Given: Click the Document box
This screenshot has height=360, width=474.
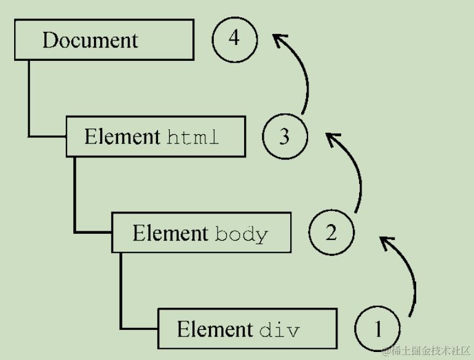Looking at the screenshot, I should (104, 39).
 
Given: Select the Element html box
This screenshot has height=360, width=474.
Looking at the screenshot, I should (156, 136).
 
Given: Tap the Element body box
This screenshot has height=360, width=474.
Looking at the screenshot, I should (201, 233).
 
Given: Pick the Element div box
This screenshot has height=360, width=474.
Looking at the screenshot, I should (247, 329).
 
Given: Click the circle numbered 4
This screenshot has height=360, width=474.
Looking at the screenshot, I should (234, 39).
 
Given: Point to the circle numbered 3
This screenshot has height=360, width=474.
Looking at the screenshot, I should (285, 136).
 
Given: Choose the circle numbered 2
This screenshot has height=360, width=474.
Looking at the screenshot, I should (331, 233).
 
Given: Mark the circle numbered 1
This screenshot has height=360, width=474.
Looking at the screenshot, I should (377, 329).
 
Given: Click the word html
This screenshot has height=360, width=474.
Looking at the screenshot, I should (192, 137).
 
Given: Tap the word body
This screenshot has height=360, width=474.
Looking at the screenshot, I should (242, 234).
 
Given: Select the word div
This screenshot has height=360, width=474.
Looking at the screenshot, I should (279, 330).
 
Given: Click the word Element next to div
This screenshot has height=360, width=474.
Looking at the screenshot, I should (215, 329).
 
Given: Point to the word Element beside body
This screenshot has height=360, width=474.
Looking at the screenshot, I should (170, 233).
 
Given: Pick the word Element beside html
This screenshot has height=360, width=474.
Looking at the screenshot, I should (122, 137).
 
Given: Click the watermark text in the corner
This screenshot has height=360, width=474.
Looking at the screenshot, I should (426, 351).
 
